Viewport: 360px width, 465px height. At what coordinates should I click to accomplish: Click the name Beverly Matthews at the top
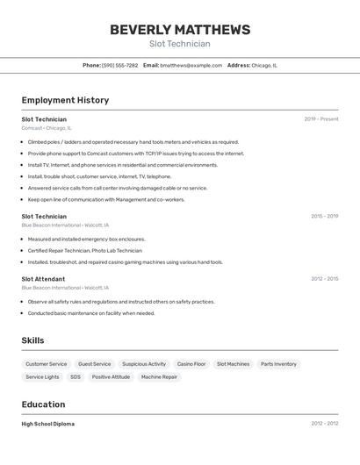(180, 30)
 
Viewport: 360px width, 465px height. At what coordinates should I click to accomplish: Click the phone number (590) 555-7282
(119, 65)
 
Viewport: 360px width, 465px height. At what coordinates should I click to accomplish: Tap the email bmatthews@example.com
(191, 65)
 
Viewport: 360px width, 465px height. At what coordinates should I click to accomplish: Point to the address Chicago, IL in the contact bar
(264, 65)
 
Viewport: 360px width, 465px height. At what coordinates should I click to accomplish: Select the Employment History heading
(65, 100)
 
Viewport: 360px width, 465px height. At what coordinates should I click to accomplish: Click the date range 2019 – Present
(321, 119)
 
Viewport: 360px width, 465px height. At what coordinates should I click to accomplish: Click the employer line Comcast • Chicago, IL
(47, 128)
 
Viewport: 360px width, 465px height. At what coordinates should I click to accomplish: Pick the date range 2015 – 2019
(324, 216)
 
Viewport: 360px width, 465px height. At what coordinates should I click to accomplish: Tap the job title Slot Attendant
(43, 279)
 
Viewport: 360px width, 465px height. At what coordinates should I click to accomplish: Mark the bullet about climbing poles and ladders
(133, 142)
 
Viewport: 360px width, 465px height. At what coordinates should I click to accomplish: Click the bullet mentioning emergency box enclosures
(86, 239)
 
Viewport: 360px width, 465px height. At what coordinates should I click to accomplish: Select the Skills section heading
(33, 340)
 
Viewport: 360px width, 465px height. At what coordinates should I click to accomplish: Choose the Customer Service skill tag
(46, 364)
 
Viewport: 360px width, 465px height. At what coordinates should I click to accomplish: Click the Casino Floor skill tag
(191, 364)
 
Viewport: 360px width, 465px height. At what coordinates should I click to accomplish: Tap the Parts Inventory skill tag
(278, 364)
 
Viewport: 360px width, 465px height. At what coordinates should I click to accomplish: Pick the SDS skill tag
(76, 377)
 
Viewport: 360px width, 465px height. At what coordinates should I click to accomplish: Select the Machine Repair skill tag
(159, 377)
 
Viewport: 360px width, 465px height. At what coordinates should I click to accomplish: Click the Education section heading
(43, 404)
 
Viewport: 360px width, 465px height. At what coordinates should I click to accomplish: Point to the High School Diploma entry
(47, 424)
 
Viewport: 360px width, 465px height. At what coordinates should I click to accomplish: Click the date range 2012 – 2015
(324, 279)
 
